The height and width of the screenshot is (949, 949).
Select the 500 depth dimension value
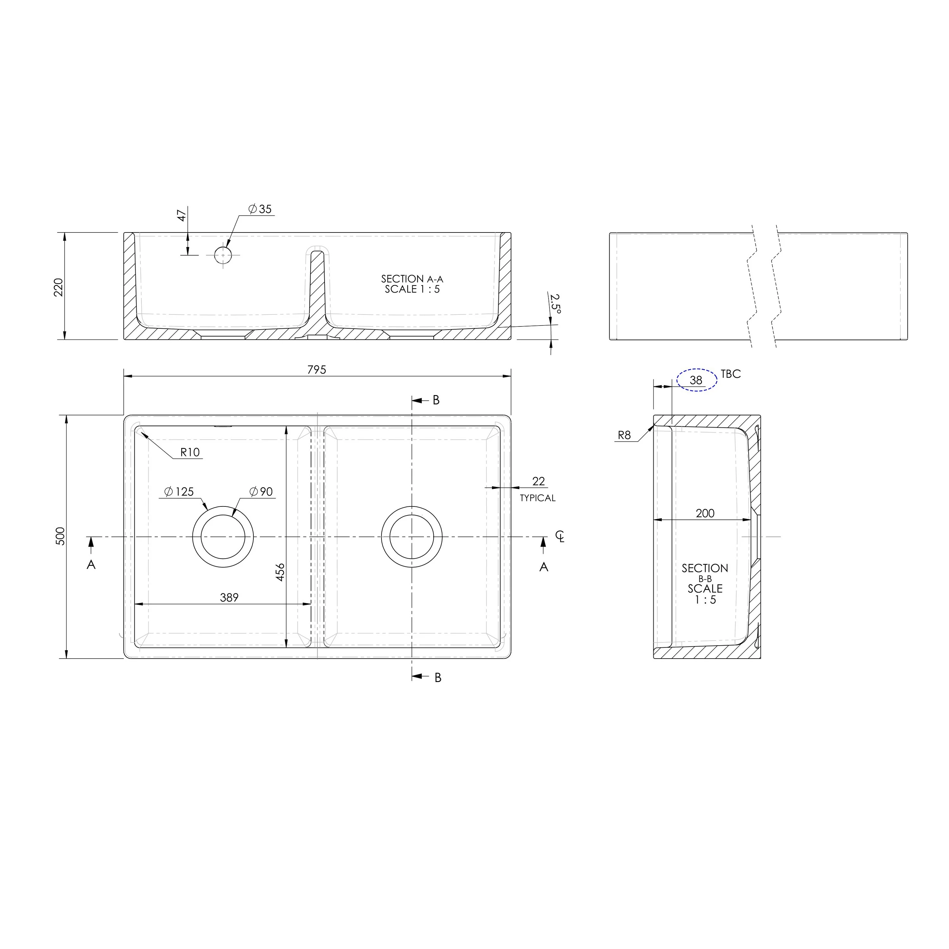(60, 536)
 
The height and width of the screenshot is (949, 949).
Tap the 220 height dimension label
(59, 287)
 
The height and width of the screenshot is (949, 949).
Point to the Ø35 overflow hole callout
(260, 209)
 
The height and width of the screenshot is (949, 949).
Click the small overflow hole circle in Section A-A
(223, 255)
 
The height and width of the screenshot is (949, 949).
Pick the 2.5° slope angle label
(555, 304)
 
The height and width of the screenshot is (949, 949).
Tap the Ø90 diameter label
(261, 492)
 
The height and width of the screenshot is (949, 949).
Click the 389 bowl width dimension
(229, 597)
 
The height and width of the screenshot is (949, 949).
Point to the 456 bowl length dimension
(280, 572)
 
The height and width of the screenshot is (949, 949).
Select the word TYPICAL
(537, 498)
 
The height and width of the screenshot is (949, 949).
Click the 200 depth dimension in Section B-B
(705, 513)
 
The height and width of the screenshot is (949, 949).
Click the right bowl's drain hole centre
(412, 537)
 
